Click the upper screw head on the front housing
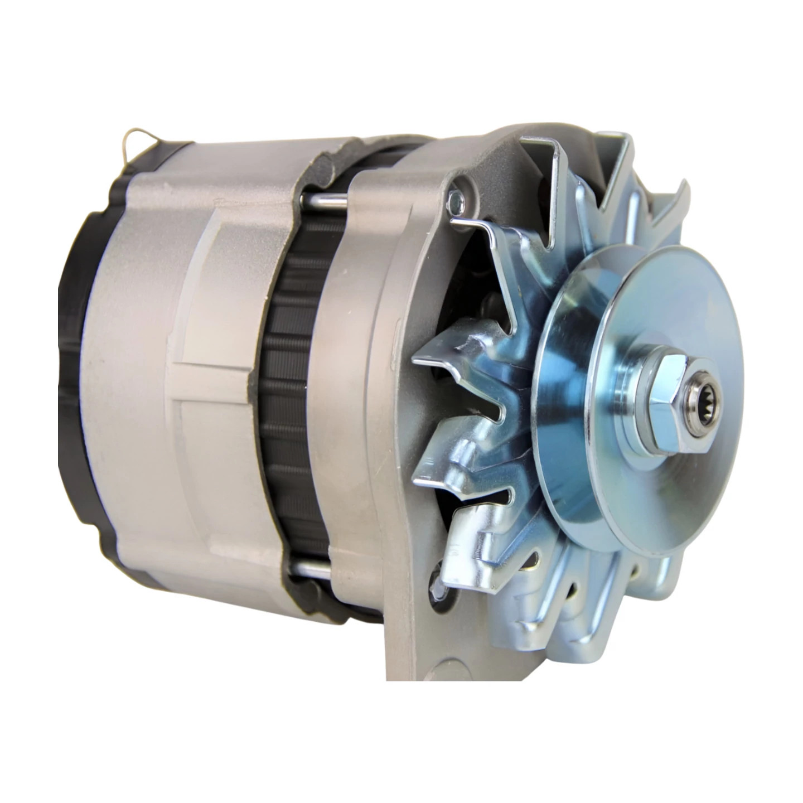point(457,196)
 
